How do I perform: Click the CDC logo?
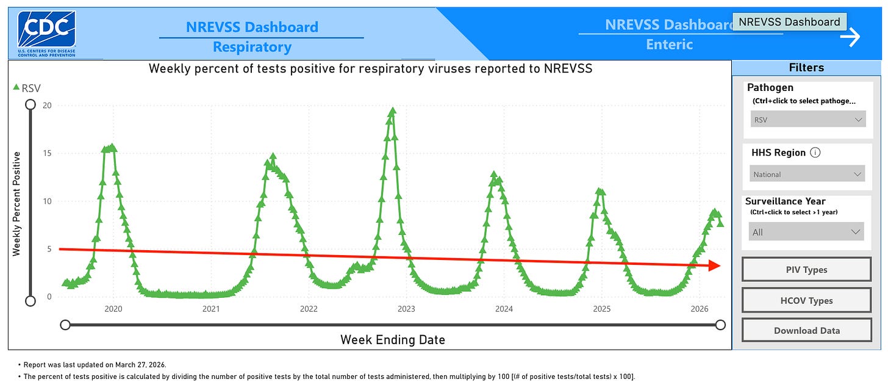point(46,33)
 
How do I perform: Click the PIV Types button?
point(806,270)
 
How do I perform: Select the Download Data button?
point(806,330)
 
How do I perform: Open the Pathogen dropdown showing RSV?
point(807,120)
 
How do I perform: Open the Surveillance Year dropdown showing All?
point(806,232)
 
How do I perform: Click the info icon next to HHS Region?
point(815,153)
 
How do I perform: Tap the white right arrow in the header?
point(867,37)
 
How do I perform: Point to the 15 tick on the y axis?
point(46,153)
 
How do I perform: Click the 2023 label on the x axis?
point(406,309)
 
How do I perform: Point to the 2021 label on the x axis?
point(211,309)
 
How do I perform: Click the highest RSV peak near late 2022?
point(392,112)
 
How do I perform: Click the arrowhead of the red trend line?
point(715,265)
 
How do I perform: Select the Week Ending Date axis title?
point(392,340)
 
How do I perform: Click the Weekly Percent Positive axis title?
point(16,204)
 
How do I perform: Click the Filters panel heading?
point(806,68)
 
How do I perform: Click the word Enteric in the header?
point(669,45)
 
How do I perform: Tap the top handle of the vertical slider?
point(30,105)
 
